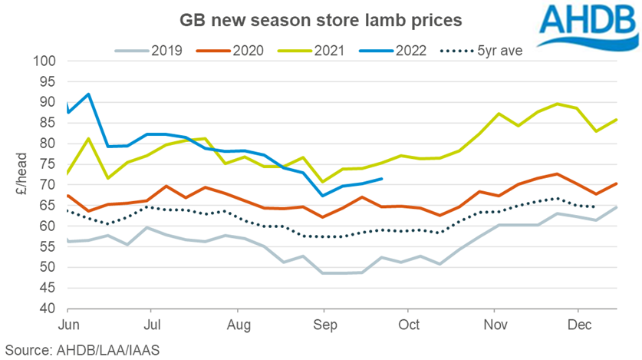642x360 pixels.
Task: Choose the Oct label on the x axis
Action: tap(409, 325)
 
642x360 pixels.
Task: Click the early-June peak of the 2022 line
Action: tap(89, 94)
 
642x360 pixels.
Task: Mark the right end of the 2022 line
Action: tap(382, 179)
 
